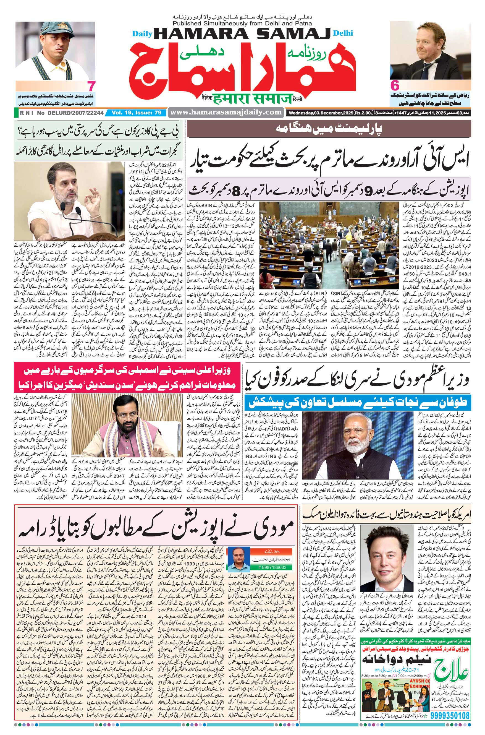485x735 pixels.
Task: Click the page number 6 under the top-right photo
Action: [394, 85]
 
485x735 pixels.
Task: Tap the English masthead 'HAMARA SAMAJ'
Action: [242, 33]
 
